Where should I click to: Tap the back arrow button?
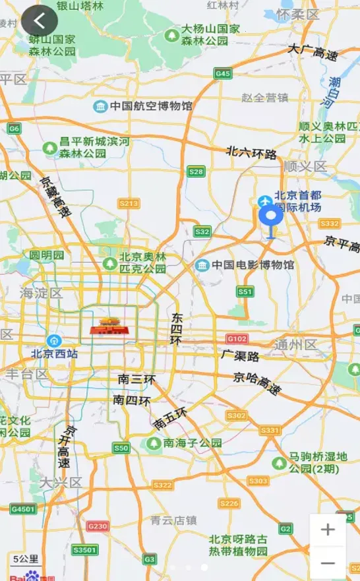click(39, 20)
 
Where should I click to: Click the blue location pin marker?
click(270, 216)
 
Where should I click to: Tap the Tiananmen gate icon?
click(108, 324)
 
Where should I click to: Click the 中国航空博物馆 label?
click(151, 106)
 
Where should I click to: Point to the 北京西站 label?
click(55, 353)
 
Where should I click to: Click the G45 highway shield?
click(223, 74)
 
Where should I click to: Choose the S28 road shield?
click(196, 172)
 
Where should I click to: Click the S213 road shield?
click(129, 204)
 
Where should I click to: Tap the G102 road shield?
click(236, 339)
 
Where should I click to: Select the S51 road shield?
click(245, 291)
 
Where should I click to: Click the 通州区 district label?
click(295, 345)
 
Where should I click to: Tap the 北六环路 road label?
click(251, 153)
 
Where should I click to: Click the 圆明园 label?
click(47, 255)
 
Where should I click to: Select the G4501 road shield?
click(23, 509)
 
